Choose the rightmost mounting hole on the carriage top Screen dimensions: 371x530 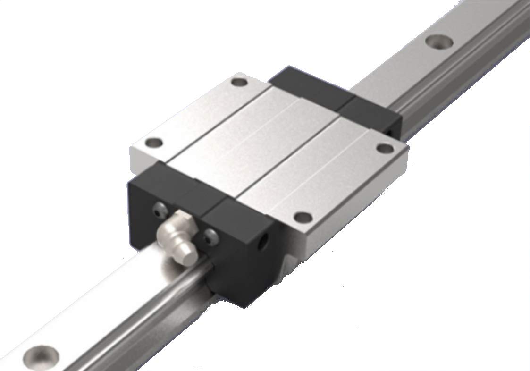385,148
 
